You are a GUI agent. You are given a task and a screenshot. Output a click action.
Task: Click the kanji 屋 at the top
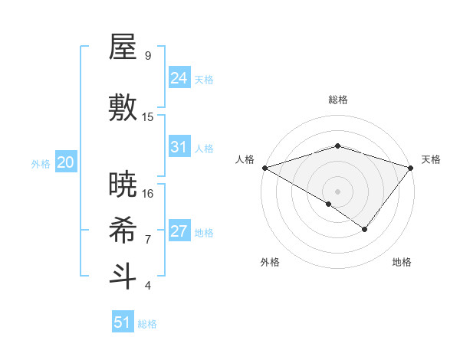point(123,48)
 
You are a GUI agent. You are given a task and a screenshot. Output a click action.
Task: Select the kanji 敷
point(123,109)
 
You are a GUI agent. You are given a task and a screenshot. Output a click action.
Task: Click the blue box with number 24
point(179,78)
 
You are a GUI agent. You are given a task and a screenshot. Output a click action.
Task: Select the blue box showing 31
point(179,147)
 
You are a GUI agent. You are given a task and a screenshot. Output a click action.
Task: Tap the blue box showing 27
point(179,231)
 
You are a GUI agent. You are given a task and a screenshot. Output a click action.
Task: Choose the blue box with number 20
point(66,162)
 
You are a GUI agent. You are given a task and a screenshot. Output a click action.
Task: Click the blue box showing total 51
point(123,322)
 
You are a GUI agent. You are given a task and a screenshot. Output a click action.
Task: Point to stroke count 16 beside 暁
point(148,194)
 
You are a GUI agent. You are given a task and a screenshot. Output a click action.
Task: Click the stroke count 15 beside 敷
point(148,117)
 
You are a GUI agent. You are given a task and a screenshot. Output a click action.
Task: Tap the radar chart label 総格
point(337,100)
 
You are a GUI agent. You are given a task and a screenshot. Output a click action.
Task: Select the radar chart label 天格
point(431,159)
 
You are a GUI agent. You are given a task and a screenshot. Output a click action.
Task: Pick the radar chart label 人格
point(245,159)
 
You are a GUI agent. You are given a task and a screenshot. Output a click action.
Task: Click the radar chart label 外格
point(270,262)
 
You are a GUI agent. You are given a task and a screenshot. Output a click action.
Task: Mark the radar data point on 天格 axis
point(411,167)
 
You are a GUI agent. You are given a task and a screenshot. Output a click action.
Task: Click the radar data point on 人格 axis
point(264,167)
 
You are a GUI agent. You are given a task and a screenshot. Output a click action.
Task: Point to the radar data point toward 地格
point(365,229)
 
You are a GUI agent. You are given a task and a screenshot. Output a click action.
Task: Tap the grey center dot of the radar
point(337,191)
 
